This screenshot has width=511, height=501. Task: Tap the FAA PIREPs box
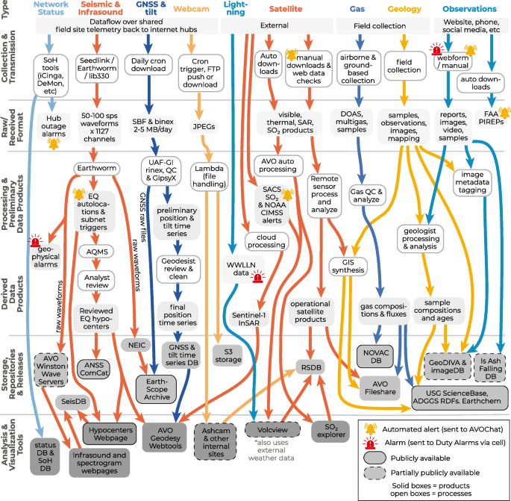point(489,118)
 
